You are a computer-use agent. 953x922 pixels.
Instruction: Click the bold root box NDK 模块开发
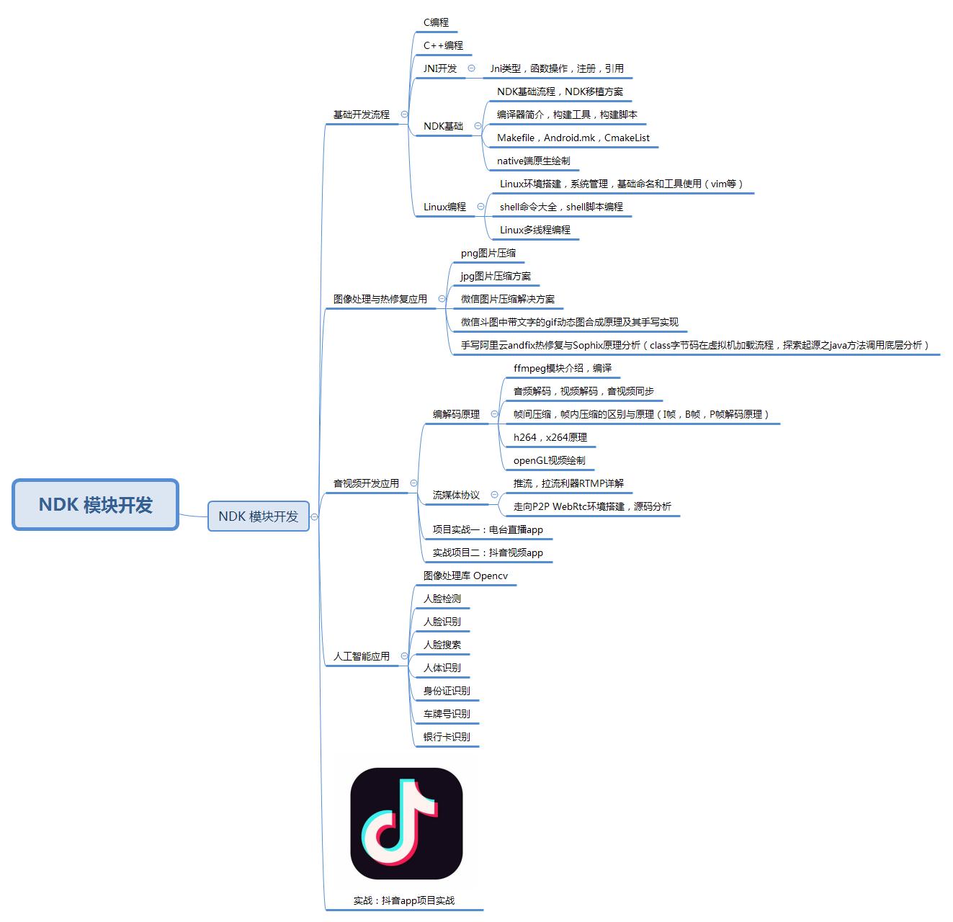[95, 505]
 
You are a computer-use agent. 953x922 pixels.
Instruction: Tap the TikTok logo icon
[406, 823]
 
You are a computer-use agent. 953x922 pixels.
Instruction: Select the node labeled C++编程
[443, 45]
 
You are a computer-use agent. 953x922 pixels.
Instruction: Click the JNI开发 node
[440, 68]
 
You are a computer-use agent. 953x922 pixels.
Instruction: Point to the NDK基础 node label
[443, 126]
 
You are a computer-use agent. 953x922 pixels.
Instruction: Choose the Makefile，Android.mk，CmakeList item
[573, 138]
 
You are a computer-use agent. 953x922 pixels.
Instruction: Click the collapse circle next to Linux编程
[480, 207]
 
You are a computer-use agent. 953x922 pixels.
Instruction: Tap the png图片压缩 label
[488, 253]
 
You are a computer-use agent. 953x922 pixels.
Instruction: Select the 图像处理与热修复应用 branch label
[380, 299]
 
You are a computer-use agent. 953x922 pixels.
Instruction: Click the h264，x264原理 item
[550, 437]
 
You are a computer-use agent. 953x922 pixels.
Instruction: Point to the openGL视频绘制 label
[549, 460]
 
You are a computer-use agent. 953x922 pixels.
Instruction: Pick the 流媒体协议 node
[456, 495]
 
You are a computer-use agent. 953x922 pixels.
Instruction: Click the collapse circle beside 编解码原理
[494, 414]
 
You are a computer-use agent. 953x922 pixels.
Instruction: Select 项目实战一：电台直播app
[488, 529]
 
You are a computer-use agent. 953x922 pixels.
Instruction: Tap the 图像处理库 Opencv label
[465, 576]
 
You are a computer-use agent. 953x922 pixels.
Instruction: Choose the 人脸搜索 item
[442, 645]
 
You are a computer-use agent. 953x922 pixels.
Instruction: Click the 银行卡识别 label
[447, 737]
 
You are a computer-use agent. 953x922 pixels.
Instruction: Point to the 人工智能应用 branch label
[361, 656]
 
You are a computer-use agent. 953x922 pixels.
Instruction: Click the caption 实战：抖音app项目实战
[403, 900]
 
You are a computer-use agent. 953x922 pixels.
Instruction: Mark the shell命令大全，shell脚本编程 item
[561, 207]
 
